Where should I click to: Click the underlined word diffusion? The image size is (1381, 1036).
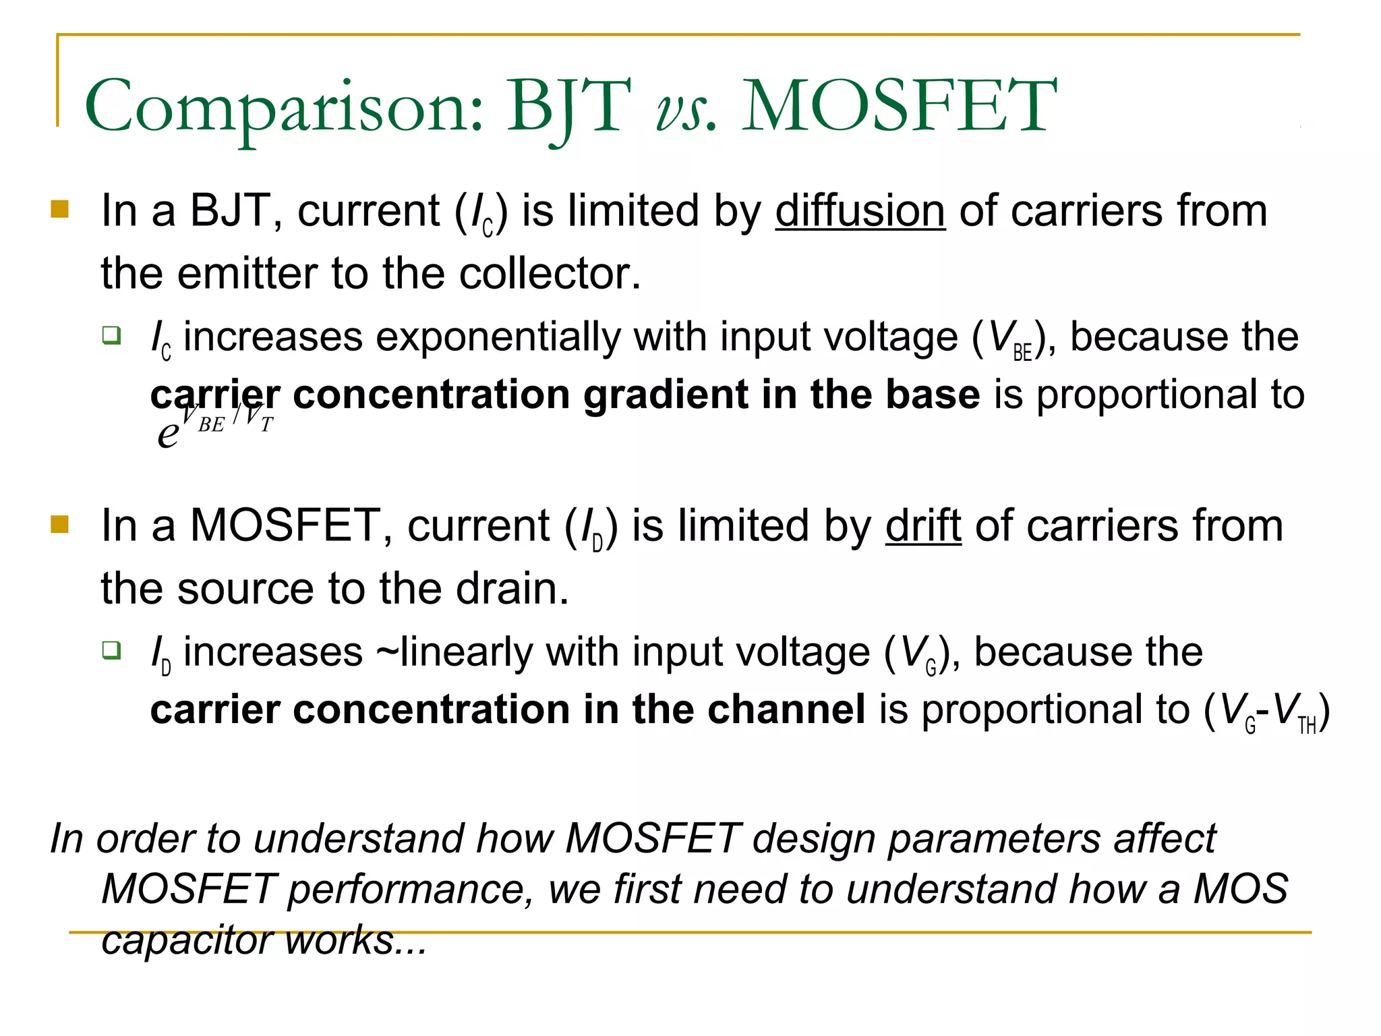coord(860,211)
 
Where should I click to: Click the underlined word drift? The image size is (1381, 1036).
coord(922,526)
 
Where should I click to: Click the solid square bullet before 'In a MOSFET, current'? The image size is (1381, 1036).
coord(60,524)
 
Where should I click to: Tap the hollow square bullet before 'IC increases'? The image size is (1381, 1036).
coord(111,335)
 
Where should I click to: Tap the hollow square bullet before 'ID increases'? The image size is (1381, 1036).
coord(111,650)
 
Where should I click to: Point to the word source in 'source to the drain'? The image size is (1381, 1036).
coord(245,589)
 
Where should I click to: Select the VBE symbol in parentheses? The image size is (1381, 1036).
coord(1009,339)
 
